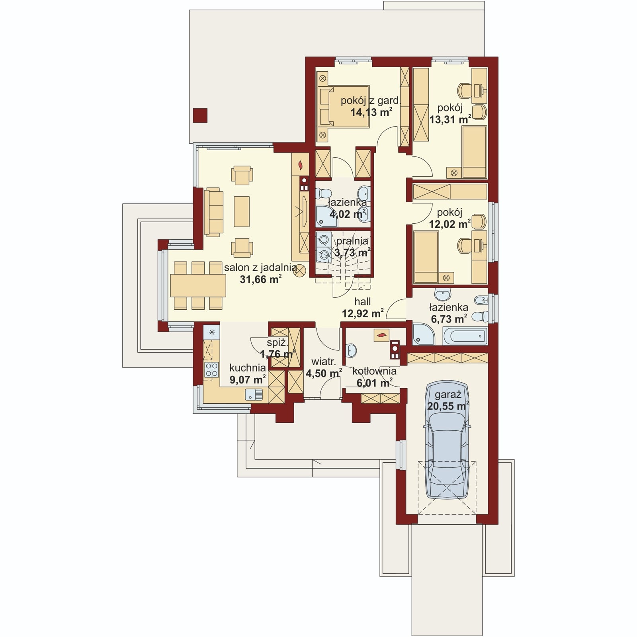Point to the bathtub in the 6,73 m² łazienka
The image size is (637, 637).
click(465, 336)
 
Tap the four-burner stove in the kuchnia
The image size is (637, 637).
click(211, 369)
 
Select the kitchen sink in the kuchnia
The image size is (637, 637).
click(254, 395)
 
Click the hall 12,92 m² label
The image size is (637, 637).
click(363, 307)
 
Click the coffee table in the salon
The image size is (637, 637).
click(242, 211)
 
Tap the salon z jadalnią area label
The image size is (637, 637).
click(260, 273)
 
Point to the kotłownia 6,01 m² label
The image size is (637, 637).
click(374, 377)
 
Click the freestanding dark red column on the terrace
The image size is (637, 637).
click(200, 115)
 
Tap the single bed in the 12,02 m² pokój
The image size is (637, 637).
click(426, 257)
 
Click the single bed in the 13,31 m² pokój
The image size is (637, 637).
click(474, 152)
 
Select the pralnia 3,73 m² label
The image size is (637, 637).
click(352, 247)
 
